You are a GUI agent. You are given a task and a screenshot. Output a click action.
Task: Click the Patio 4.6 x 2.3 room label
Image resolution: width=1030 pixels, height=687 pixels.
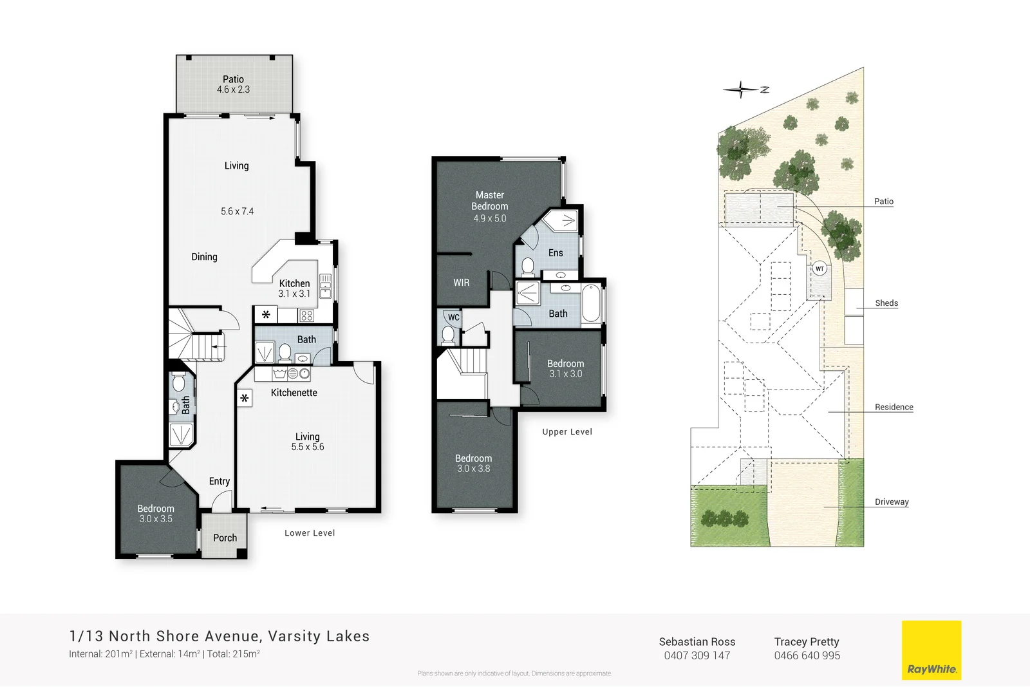[x=233, y=84]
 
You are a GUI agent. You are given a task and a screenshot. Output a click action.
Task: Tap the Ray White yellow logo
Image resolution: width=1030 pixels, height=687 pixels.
[x=931, y=650]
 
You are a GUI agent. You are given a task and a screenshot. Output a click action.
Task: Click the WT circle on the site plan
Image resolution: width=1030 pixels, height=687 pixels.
[x=819, y=268]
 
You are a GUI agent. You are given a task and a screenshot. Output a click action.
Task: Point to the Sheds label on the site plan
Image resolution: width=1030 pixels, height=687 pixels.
[x=886, y=303]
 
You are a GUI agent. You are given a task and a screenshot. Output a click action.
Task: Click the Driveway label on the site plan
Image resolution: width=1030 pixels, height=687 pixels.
[x=891, y=502]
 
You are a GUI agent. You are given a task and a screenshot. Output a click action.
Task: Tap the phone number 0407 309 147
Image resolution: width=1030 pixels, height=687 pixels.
[x=697, y=655]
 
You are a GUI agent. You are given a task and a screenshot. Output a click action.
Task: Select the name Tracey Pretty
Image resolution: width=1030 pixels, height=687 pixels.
[x=806, y=641]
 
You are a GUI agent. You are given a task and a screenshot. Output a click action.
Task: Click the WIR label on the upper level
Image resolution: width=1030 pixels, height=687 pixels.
[x=461, y=282]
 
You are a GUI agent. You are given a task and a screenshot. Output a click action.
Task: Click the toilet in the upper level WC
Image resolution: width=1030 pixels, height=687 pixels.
[x=448, y=334]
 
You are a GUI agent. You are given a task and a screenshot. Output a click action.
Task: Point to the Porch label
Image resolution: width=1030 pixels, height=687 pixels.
[x=225, y=538]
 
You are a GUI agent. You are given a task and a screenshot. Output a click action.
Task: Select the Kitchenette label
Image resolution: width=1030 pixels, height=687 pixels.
[x=294, y=392]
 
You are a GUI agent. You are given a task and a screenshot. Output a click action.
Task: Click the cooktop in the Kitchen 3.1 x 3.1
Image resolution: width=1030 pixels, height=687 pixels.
[x=307, y=315]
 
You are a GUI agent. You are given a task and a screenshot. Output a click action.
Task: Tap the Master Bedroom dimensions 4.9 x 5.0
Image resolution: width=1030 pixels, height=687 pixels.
[x=489, y=218]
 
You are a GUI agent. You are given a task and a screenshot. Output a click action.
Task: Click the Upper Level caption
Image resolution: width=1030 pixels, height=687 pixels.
[x=566, y=431]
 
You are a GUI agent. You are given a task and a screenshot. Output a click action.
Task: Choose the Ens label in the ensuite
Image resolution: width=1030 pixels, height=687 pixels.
[x=555, y=253]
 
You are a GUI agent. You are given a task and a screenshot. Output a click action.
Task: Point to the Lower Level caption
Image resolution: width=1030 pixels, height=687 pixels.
[x=310, y=532]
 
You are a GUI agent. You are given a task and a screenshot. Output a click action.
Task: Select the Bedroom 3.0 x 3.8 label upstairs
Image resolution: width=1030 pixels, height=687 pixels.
[x=473, y=463]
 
